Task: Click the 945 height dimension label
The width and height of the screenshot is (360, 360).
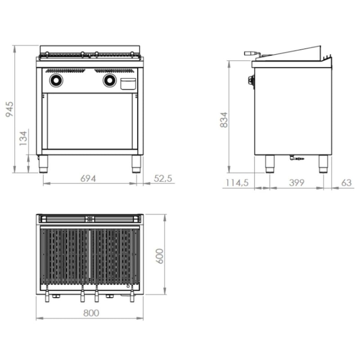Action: [9, 109]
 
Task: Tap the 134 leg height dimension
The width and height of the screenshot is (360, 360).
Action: [23, 138]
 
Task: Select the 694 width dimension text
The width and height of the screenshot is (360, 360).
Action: [88, 178]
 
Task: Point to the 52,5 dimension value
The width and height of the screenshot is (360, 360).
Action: [163, 178]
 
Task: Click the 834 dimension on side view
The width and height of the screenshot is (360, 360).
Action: [224, 120]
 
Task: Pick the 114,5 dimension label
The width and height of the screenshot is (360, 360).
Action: [237, 183]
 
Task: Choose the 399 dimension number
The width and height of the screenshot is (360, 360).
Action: [297, 183]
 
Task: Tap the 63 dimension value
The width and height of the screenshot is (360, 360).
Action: [346, 183]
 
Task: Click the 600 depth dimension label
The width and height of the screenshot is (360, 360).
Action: [160, 256]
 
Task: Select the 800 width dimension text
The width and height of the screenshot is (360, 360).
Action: [91, 313]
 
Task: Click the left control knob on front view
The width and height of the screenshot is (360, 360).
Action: [56, 81]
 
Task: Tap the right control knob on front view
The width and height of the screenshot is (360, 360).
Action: [110, 81]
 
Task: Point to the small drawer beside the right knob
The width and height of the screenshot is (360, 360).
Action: [128, 84]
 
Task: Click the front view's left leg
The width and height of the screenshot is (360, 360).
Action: [43, 164]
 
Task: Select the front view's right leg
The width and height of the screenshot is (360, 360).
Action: [136, 164]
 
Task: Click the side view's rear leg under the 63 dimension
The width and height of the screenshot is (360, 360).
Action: [323, 164]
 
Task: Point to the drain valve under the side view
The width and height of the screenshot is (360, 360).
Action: [297, 158]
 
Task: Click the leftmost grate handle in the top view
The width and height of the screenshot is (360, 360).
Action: [47, 294]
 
